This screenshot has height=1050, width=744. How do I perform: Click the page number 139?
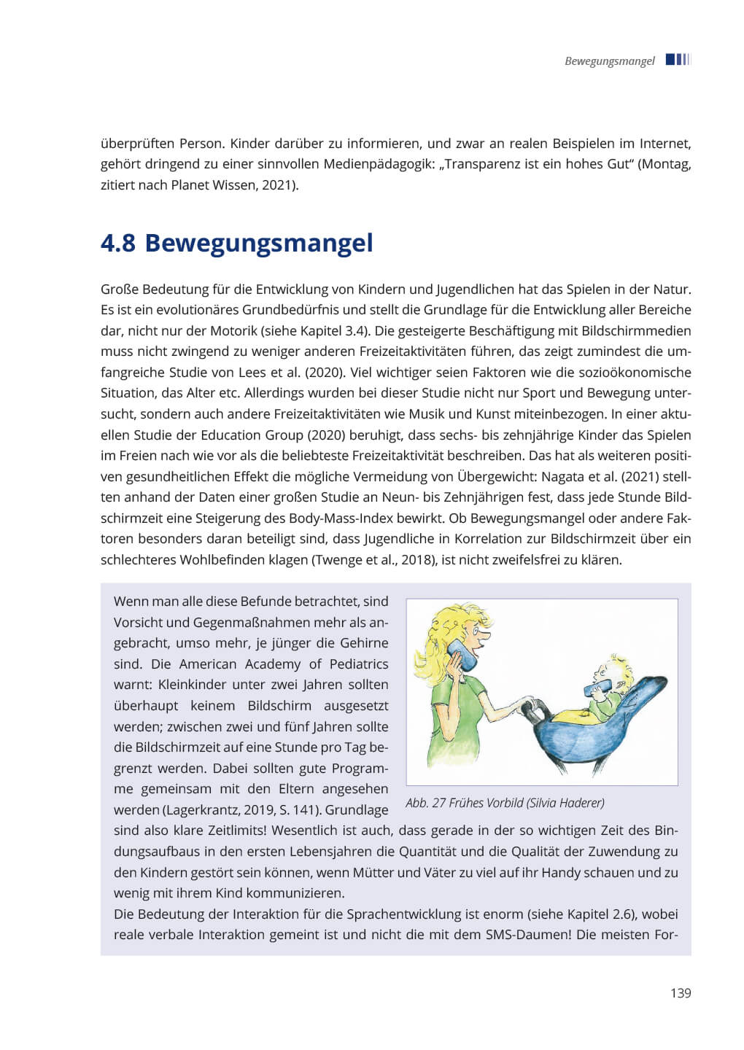tap(680, 992)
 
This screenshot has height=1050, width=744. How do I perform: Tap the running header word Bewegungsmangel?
tap(609, 61)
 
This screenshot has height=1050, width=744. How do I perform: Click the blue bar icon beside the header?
tap(677, 60)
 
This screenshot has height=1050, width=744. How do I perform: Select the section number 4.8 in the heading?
tap(117, 243)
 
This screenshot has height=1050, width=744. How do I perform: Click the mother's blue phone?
tap(462, 654)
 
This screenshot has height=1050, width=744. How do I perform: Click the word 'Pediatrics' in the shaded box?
tap(358, 664)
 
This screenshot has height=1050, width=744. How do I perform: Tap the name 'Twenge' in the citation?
tap(336, 560)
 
